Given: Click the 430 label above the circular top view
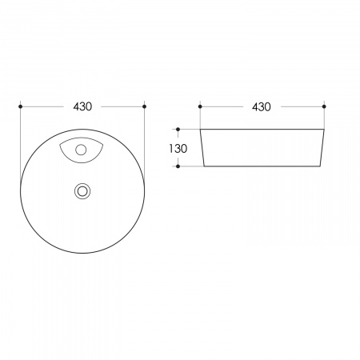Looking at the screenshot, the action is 82,106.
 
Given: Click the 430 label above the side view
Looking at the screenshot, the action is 262,107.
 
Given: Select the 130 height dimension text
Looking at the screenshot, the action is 178,149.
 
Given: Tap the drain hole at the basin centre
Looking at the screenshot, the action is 82,191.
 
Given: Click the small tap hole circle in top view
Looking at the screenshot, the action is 81,150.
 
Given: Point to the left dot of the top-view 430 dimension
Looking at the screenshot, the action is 21,106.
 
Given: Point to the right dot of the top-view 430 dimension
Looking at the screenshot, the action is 145,106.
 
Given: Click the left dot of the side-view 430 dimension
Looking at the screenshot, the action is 200,106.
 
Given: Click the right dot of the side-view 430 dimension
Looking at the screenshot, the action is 324,106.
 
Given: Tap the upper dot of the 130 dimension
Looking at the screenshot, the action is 178,130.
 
